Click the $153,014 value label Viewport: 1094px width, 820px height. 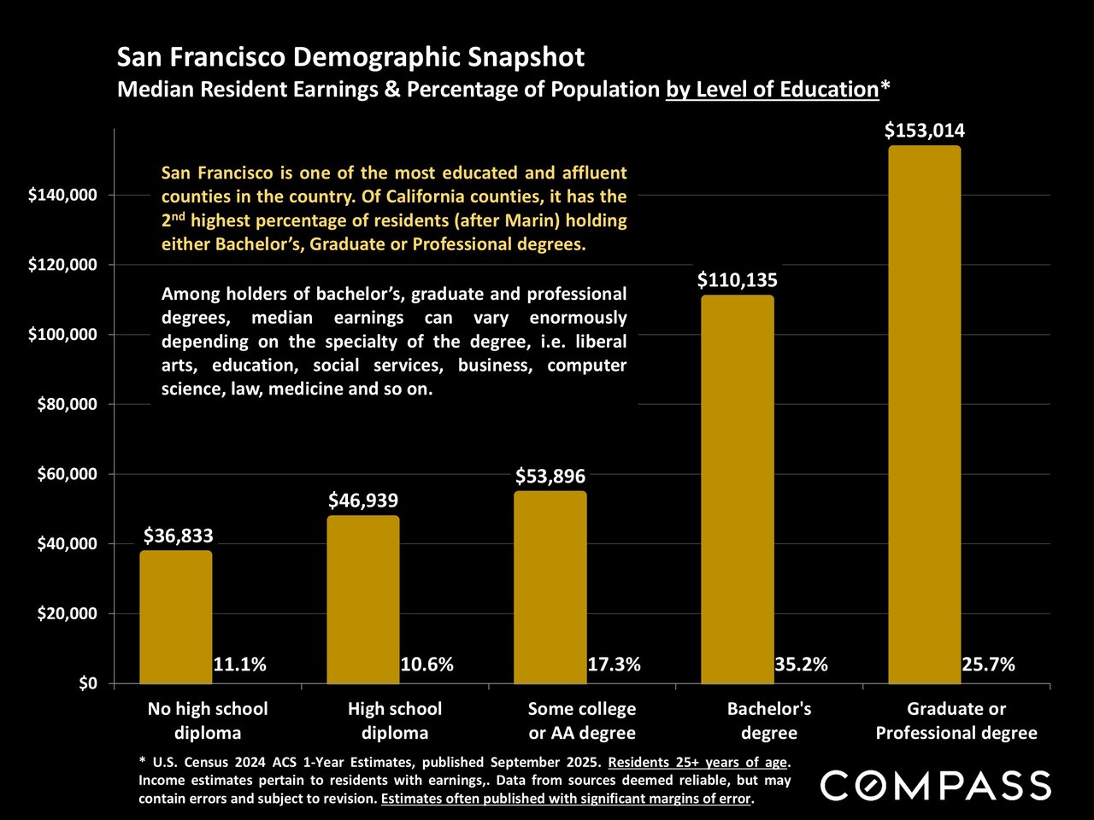click(924, 131)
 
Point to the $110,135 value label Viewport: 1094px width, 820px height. click(737, 280)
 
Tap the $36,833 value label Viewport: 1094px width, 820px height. click(178, 536)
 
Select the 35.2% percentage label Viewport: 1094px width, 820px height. click(801, 665)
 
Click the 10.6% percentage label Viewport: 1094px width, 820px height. click(426, 665)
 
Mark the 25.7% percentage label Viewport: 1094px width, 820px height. click(988, 665)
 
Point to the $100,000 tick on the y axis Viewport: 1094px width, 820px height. click(62, 335)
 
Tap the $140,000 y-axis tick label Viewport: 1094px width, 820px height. click(62, 196)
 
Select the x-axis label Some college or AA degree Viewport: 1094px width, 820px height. click(582, 721)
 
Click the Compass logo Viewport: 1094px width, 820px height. click(936, 785)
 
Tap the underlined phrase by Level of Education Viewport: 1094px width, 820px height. click(772, 89)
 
